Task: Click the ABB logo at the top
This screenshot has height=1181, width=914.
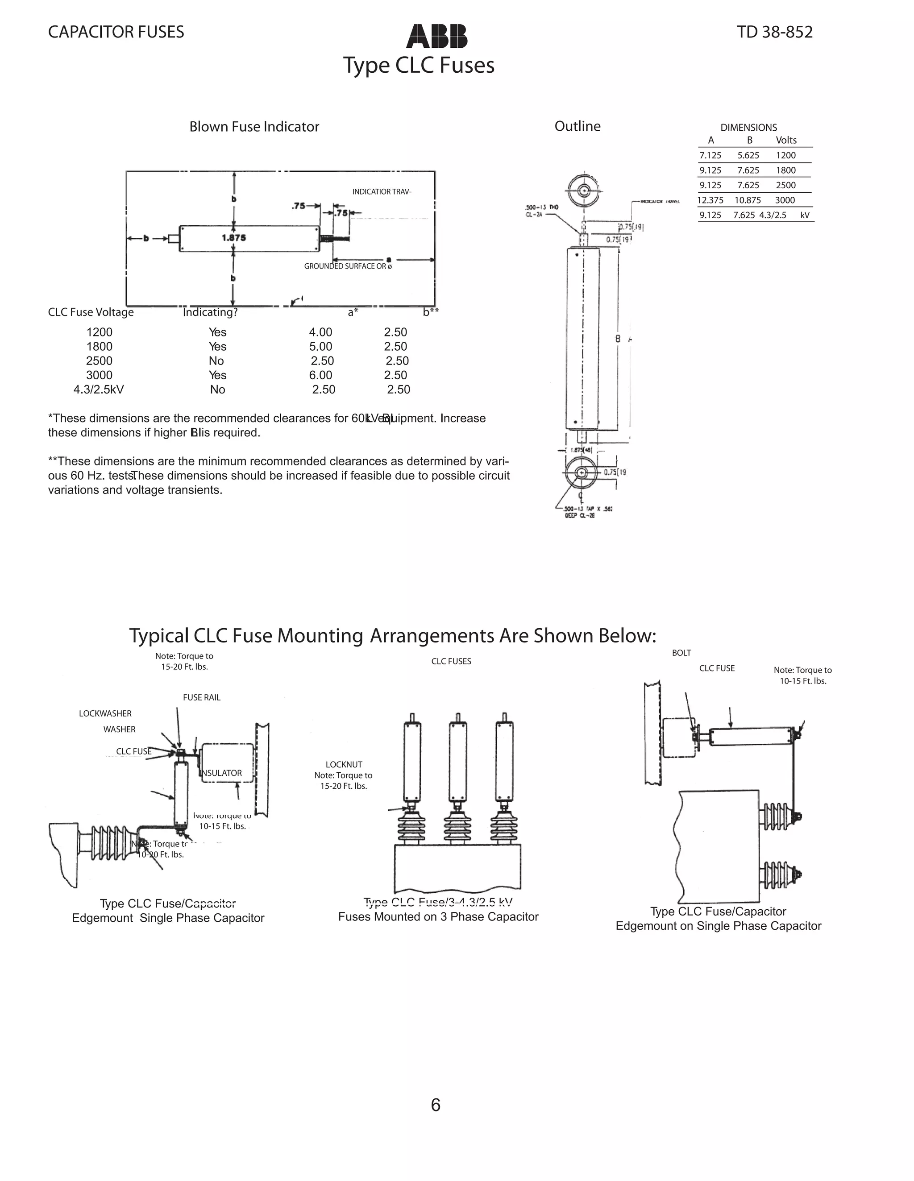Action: [x=436, y=36]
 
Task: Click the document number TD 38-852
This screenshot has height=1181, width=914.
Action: [x=774, y=33]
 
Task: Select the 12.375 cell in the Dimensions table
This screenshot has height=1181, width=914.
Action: [x=710, y=200]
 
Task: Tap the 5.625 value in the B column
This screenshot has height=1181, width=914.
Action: [x=748, y=155]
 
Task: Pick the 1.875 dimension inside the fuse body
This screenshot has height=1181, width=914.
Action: [x=234, y=238]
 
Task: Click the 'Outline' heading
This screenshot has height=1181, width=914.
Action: [x=577, y=126]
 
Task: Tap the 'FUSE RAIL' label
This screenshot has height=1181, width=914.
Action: [x=201, y=697]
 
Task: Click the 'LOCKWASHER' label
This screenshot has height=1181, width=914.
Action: [x=105, y=714]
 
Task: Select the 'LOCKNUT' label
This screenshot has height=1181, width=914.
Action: [x=344, y=765]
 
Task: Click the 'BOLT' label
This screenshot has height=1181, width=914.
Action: [x=681, y=653]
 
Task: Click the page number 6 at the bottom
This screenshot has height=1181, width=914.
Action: [x=436, y=1105]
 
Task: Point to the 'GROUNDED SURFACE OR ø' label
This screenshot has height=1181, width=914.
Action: [x=348, y=266]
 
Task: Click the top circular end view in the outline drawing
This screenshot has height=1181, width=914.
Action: [x=584, y=191]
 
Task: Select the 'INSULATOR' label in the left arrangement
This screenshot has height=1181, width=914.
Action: [x=222, y=773]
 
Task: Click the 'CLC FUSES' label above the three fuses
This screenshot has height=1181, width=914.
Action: [x=451, y=661]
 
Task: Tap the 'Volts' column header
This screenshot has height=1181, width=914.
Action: [x=786, y=141]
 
